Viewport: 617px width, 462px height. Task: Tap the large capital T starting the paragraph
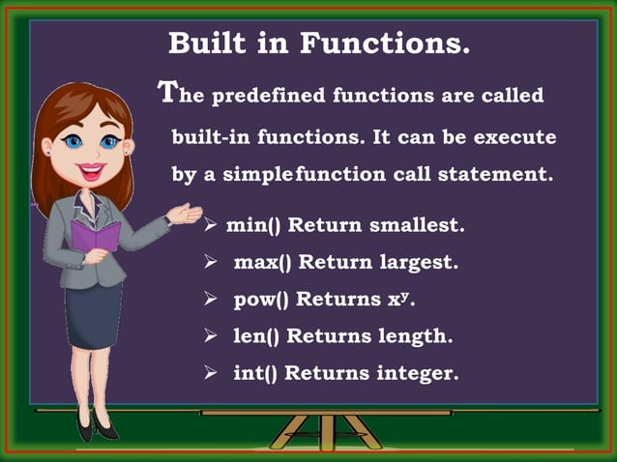167,93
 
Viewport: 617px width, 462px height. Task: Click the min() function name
253,225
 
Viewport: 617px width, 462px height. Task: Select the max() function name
263,262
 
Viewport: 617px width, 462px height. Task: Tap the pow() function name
261,299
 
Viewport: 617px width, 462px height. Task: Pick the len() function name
255,336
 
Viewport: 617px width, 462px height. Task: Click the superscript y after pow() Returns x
405,294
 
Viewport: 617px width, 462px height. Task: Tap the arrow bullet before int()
210,373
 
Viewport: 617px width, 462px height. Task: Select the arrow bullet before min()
211,225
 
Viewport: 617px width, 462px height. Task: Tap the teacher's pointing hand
180,214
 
